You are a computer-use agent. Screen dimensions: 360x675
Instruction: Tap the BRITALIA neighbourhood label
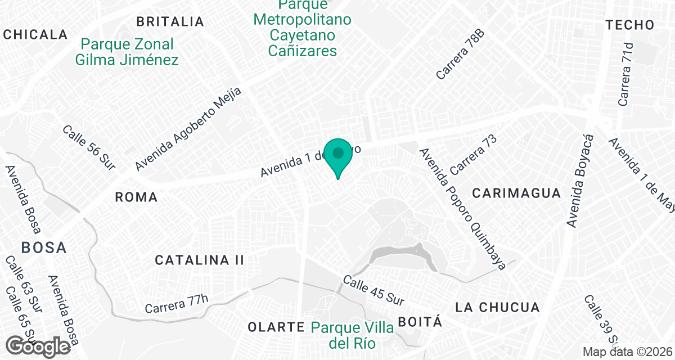[170, 22]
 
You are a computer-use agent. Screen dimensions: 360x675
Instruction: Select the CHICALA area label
[35, 34]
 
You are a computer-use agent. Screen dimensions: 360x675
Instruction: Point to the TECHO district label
[630, 25]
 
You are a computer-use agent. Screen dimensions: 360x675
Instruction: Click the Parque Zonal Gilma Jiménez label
[127, 52]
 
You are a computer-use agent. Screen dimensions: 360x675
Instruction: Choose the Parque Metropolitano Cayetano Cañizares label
[303, 28]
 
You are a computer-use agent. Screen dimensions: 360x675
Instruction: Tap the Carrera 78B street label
[460, 54]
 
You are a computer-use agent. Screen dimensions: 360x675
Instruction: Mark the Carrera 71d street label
[625, 74]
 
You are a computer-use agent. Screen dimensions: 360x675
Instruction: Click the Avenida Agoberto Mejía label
[188, 129]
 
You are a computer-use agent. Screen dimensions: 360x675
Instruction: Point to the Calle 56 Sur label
[89, 147]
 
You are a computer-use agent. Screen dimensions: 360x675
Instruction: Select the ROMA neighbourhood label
[136, 197]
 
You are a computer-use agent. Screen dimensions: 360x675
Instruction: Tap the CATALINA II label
[200, 260]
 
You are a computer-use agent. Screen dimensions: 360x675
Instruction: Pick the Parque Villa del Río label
[352, 334]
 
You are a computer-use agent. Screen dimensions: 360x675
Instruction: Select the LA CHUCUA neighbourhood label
[497, 308]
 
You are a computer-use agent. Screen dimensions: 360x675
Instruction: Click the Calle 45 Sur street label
[373, 290]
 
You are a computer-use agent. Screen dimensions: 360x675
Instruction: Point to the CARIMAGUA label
[516, 193]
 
